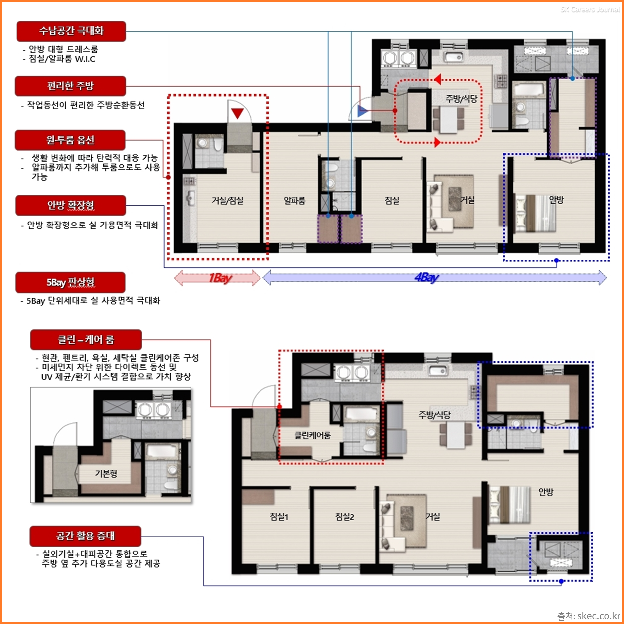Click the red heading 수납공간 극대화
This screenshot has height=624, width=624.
[x=71, y=31]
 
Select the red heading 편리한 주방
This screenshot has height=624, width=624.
[x=71, y=86]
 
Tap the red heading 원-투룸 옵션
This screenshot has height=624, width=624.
[x=70, y=140]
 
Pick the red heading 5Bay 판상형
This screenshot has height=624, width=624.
[x=70, y=282]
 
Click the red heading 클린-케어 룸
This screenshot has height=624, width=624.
[x=86, y=339]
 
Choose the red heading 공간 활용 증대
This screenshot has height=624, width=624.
[x=86, y=536]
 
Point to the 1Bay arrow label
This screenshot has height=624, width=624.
[x=221, y=278]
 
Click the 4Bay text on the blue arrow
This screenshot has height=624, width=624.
[x=427, y=278]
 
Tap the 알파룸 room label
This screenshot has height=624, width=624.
[x=295, y=200]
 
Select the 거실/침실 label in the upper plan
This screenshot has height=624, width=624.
[x=227, y=200]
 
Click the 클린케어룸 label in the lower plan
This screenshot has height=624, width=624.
[x=312, y=435]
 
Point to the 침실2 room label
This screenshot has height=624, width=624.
[x=344, y=517]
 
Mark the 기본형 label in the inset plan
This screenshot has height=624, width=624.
[x=106, y=474]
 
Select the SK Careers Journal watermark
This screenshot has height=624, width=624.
[x=590, y=9]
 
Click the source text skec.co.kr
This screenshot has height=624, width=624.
[x=599, y=616]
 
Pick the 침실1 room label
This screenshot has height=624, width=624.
[x=279, y=517]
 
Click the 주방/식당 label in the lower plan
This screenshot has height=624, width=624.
[x=434, y=415]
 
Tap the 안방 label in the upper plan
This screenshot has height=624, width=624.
[x=556, y=200]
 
